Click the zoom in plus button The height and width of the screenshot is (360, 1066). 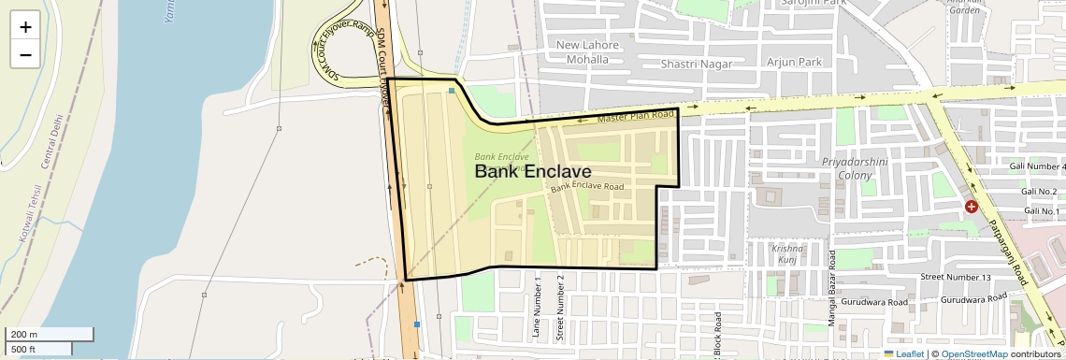pos(25,27)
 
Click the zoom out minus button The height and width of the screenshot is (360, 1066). pos(25,54)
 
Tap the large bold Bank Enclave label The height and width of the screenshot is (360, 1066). pos(533,172)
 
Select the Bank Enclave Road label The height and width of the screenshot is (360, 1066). pos(587,187)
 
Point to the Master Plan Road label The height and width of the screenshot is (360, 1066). pos(636,117)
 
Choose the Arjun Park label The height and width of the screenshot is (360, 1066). pos(794,63)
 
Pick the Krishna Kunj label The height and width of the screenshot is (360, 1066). pos(786,254)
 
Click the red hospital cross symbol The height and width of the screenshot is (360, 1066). pos(972,205)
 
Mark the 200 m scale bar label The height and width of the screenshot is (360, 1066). pos(25,335)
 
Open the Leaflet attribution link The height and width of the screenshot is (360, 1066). pos(903,354)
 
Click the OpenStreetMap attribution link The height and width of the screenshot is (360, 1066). pos(973,354)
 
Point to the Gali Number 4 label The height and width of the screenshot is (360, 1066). pos(1038,166)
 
